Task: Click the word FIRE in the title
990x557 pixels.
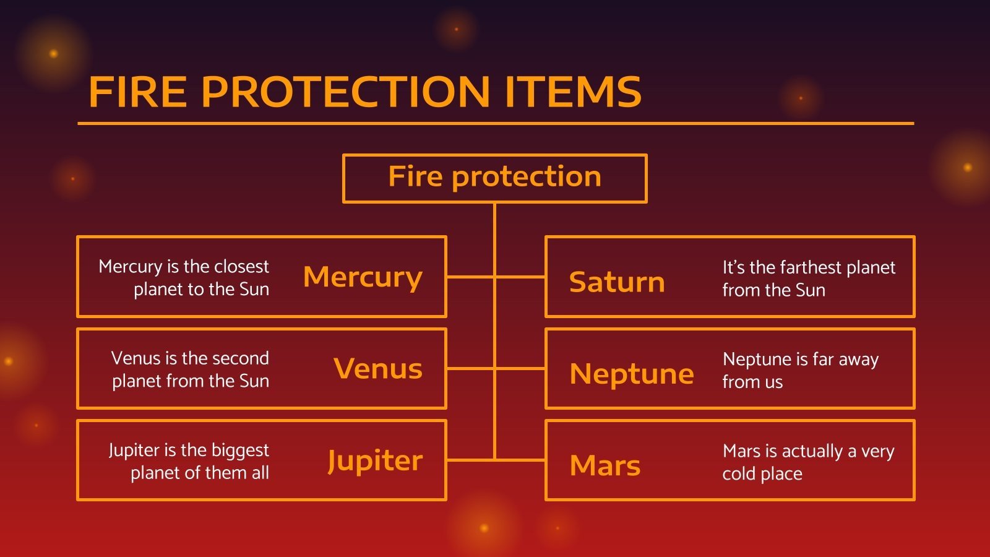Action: pos(137,92)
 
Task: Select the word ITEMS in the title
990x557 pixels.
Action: pos(572,92)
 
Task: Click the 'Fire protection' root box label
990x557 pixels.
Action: pos(494,177)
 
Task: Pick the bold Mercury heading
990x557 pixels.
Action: pos(363,277)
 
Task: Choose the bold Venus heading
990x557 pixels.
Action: pos(377,369)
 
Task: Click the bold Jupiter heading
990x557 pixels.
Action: pos(374,461)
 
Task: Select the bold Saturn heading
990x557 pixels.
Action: pos(616,282)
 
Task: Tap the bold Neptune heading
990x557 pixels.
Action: pos(631,374)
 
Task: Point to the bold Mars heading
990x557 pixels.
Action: pos(605,465)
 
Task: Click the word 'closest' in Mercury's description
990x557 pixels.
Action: pos(241,267)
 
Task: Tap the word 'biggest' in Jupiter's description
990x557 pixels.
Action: pos(240,451)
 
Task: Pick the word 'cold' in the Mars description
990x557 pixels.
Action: pos(738,474)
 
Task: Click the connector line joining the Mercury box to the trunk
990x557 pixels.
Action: pos(470,277)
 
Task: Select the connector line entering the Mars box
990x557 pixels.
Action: pos(520,460)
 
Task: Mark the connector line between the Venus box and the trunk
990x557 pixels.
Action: pos(470,368)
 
